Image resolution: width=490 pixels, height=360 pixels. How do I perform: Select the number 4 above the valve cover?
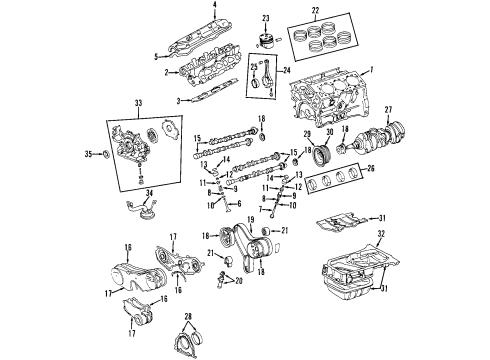point(214,8)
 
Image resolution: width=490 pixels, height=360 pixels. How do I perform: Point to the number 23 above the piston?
point(267,18)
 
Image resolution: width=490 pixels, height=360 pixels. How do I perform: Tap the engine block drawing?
point(330,100)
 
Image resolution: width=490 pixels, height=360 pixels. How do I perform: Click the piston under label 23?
point(266,42)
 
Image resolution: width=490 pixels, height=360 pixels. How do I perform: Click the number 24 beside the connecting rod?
point(288,71)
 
